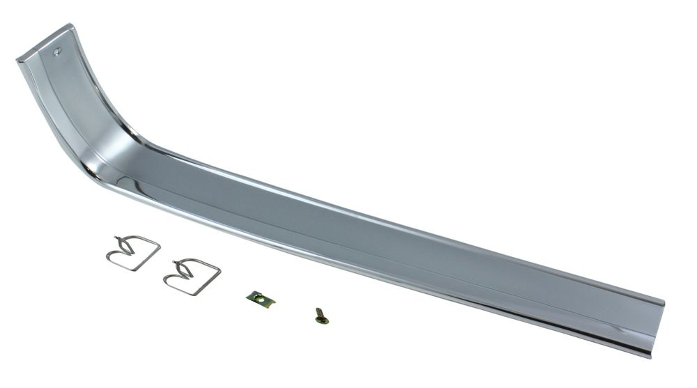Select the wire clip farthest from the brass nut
pos(132,253)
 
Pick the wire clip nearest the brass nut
pos(192,276)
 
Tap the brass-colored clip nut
pos(261,299)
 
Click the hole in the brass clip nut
pos(260,300)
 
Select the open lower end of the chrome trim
pos(651,327)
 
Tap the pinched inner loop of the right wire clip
pos(183,270)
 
